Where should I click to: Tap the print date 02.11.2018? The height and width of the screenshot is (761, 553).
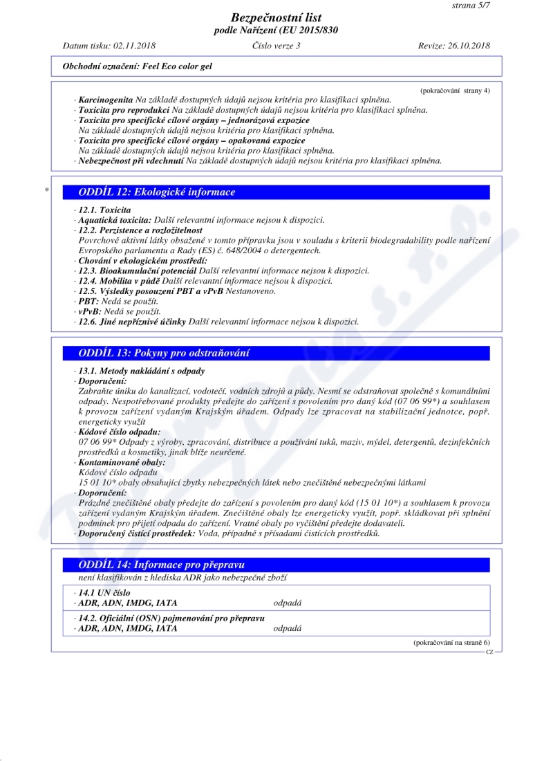click(133, 46)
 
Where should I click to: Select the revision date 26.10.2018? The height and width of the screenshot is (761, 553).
click(468, 46)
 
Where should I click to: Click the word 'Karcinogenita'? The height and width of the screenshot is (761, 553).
click(106, 100)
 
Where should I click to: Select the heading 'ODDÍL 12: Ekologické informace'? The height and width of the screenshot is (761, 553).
click(156, 192)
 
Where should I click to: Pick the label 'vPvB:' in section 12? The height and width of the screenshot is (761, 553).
click(90, 312)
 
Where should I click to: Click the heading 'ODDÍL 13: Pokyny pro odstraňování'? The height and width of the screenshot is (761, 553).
click(164, 353)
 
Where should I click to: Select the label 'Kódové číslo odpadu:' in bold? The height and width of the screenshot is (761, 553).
click(120, 432)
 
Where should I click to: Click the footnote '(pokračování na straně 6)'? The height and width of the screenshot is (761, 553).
click(451, 643)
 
